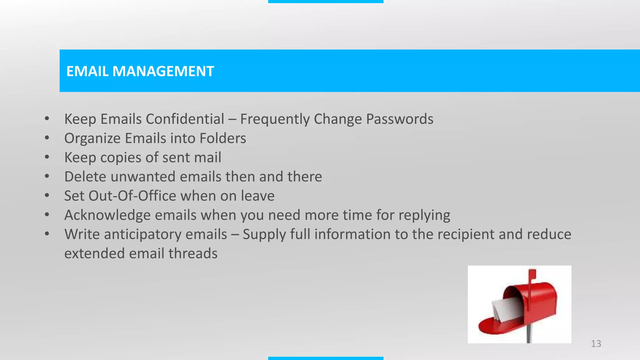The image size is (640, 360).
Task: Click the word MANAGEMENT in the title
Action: pos(163,71)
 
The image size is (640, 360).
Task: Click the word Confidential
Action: pos(185,119)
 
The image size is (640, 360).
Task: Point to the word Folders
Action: pos(223,138)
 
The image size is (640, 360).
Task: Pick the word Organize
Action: pos(92,138)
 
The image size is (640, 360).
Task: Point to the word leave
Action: pos(257,196)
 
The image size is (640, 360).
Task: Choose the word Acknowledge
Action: pos(107,215)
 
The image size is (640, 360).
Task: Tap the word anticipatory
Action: pos(145,235)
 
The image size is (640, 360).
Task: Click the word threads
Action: pos(193,253)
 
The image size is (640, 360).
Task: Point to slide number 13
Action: pos(596,344)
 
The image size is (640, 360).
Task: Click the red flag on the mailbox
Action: pos(532,275)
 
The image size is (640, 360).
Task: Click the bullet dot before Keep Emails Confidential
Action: pos(47,119)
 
